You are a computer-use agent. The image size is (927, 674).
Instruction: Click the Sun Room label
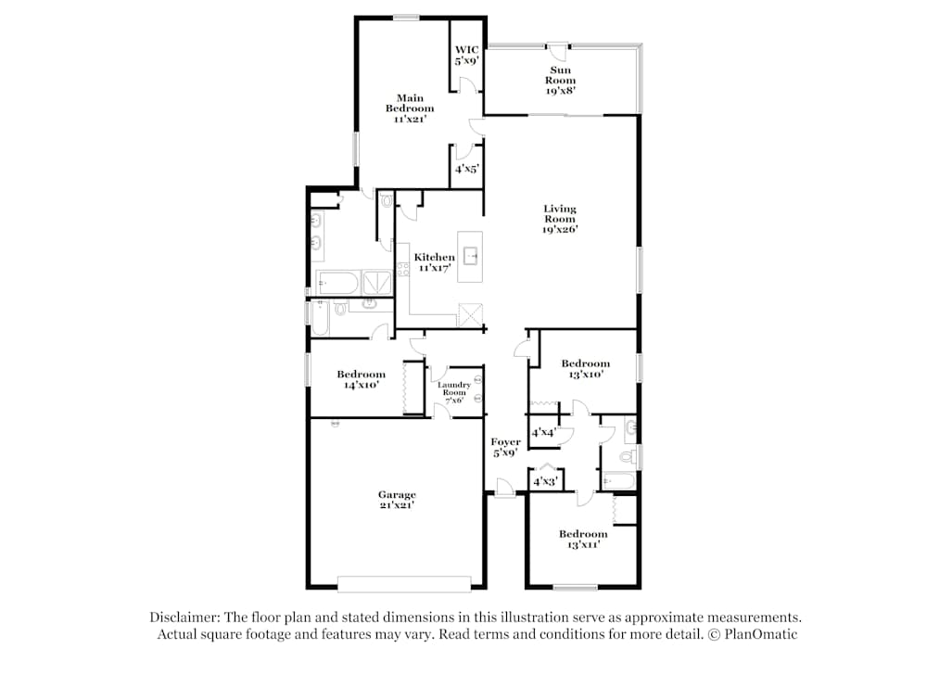click(560, 80)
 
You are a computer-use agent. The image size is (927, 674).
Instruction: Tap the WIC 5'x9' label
click(464, 55)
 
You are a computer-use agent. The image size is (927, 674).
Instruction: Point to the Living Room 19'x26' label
click(560, 219)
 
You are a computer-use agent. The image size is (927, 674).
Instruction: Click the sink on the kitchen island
click(470, 254)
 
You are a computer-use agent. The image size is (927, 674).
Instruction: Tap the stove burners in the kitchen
click(403, 270)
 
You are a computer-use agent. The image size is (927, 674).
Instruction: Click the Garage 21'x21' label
click(397, 500)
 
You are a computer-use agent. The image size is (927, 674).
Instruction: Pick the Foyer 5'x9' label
click(505, 448)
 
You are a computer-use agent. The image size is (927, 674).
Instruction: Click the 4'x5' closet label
click(465, 169)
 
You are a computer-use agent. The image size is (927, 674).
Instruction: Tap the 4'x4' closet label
click(543, 433)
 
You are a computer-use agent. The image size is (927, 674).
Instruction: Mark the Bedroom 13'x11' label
click(582, 540)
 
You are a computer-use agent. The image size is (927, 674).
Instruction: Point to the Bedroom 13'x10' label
click(585, 369)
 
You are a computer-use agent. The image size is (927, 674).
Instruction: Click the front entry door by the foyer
click(504, 488)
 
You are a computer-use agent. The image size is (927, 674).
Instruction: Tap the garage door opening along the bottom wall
click(404, 584)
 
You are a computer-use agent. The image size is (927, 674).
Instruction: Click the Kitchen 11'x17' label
click(434, 262)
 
